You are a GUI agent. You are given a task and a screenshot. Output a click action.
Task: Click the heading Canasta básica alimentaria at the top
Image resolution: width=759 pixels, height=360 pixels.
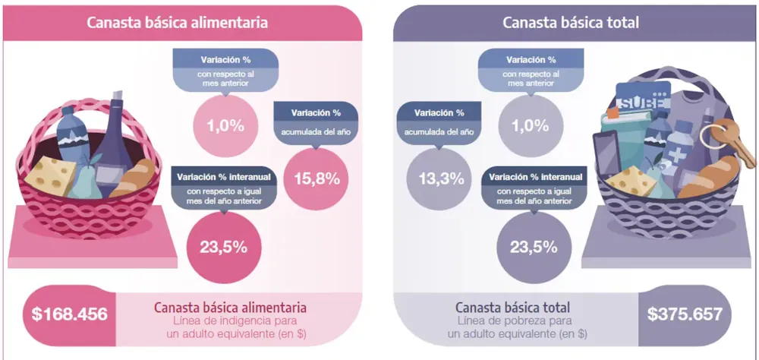177,22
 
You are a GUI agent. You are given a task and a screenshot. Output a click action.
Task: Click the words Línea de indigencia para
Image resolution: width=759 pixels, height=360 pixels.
230,321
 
